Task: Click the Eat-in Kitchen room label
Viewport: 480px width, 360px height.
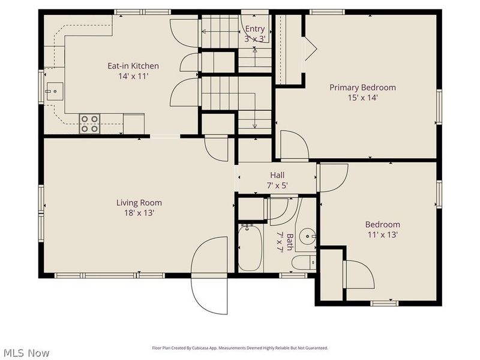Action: [133, 66]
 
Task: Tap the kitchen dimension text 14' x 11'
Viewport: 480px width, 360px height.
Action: [133, 76]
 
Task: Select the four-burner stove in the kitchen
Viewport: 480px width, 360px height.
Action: [89, 124]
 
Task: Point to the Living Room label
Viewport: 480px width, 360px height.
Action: [139, 203]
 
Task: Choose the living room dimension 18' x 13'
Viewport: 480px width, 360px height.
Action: [139, 213]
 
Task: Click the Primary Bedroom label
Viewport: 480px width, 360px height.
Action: [362, 88]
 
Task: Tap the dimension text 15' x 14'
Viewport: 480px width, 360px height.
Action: [362, 98]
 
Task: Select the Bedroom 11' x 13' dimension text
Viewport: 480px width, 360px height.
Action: [382, 235]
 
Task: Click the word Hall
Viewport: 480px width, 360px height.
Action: [277, 175]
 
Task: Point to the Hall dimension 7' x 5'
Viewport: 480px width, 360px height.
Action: [277, 185]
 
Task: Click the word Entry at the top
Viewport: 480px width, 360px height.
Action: [255, 29]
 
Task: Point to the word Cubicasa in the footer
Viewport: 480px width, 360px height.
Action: [212, 348]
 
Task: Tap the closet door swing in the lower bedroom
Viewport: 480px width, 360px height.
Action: [359, 273]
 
